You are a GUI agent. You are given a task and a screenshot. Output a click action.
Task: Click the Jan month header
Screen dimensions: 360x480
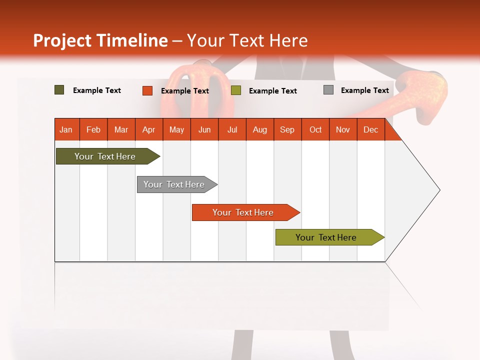66,129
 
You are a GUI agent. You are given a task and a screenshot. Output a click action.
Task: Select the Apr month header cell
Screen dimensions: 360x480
149,129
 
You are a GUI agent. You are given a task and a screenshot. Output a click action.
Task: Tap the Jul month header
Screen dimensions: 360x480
232,129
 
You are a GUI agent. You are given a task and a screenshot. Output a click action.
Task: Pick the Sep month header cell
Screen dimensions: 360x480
287,129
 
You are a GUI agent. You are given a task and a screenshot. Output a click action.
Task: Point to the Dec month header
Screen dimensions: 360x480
370,129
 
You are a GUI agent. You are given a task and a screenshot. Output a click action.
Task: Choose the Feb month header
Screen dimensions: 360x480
93,129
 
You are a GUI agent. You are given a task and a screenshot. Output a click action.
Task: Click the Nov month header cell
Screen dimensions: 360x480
343,129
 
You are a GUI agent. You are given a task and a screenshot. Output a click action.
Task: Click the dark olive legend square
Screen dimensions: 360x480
59,90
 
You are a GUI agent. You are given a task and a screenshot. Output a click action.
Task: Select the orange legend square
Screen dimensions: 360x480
147,90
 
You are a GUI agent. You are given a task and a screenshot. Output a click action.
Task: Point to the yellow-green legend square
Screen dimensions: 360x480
236,90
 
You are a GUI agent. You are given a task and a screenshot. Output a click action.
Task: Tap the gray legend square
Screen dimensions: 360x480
328,90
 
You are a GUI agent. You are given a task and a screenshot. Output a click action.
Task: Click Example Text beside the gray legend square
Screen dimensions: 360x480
364,90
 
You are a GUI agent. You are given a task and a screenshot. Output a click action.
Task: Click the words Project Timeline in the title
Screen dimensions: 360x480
100,40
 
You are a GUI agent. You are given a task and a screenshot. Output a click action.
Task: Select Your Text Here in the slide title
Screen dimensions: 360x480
247,40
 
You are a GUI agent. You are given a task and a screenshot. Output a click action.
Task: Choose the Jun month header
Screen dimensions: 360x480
204,129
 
